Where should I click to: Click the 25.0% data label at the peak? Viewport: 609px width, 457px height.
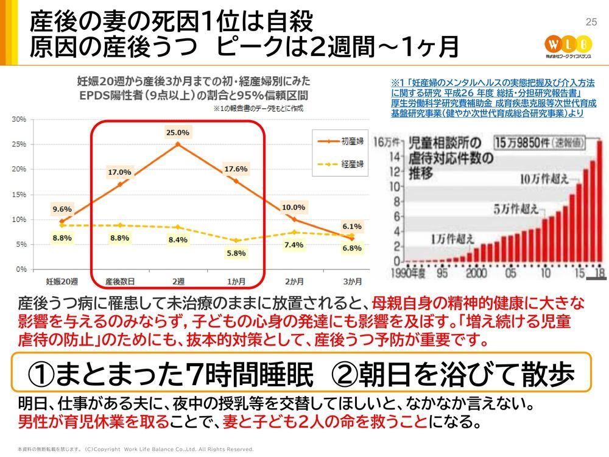pyautogui.click(x=177, y=132)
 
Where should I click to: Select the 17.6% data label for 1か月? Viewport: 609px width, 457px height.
pyautogui.click(x=236, y=169)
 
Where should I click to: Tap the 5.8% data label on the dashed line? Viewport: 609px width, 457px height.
pyautogui.click(x=236, y=253)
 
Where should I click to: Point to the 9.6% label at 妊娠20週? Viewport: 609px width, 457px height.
pyautogui.click(x=62, y=209)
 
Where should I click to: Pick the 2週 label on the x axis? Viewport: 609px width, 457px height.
pyautogui.click(x=178, y=282)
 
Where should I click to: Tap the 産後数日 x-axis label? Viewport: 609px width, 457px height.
pyautogui.click(x=119, y=282)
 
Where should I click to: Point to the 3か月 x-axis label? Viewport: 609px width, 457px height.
pyautogui.click(x=353, y=282)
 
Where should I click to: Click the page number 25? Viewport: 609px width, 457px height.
pyautogui.click(x=590, y=23)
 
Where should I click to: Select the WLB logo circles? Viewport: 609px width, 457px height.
pyautogui.click(x=568, y=44)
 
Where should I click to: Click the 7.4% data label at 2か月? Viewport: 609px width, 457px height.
pyautogui.click(x=294, y=245)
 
